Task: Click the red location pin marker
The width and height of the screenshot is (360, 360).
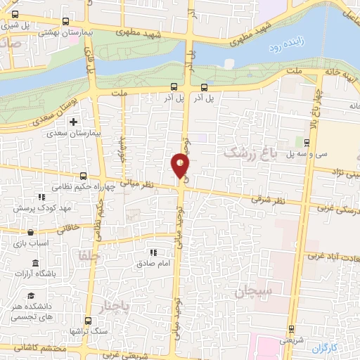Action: click(181, 166)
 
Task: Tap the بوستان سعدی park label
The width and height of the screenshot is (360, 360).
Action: click(51, 112)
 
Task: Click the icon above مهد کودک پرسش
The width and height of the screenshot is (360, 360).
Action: click(41, 199)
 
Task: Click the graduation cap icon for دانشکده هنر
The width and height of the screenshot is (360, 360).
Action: click(31, 295)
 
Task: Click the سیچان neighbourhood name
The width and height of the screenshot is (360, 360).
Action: click(249, 289)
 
